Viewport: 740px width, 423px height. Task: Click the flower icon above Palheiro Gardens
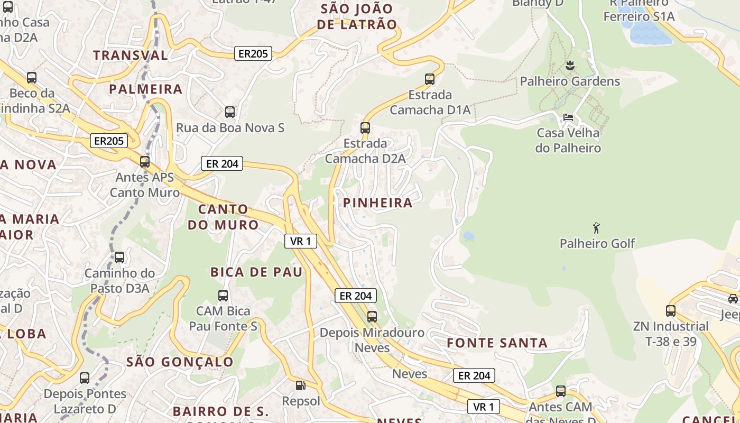pos(570,66)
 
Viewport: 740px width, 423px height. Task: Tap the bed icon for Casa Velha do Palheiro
pos(568,117)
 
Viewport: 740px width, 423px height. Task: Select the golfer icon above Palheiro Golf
pos(597,228)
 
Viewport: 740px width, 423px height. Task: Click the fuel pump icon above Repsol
pos(300,385)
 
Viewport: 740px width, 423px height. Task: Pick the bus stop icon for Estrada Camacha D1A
pos(430,79)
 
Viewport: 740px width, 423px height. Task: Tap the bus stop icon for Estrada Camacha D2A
pos(365,127)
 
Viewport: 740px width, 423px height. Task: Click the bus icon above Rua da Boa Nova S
pos(229,112)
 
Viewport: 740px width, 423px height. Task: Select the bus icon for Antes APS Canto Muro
pos(145,162)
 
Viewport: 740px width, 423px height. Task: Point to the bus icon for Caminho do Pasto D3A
pos(119,258)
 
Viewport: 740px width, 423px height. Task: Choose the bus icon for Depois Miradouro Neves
pos(372,317)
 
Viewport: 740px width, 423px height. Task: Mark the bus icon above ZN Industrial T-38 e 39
pos(671,311)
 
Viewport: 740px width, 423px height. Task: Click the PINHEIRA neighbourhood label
pos(377,203)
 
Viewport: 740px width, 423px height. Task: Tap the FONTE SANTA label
pos(497,343)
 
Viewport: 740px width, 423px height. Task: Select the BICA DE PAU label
pos(256,272)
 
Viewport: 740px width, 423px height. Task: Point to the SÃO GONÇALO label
pos(180,362)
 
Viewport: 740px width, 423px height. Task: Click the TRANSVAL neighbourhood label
pos(131,55)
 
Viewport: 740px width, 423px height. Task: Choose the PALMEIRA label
pos(146,89)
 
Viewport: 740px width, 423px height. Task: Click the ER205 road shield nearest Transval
pos(253,53)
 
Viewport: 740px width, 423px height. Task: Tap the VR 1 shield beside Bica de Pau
pos(301,241)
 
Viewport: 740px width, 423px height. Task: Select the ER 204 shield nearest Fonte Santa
pos(474,375)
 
